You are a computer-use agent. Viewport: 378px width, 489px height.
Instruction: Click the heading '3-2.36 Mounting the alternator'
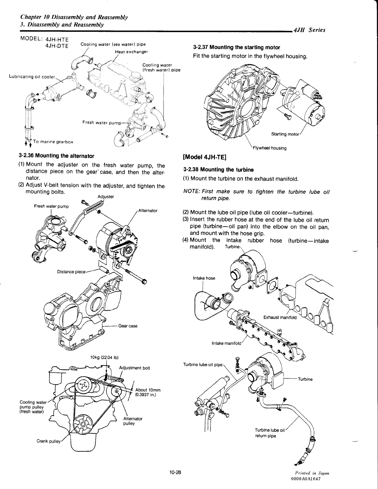point(56,156)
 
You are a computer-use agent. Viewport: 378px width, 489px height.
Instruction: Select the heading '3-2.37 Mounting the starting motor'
point(236,48)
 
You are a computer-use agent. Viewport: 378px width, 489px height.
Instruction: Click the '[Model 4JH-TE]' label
point(205,157)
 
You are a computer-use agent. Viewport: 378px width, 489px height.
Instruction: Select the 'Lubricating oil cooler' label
point(32,76)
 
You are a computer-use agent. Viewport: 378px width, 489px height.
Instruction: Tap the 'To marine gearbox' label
point(53,142)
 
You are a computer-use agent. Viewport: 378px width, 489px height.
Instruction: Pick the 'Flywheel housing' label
point(269,148)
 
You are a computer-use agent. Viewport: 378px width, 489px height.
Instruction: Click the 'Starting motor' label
point(285,134)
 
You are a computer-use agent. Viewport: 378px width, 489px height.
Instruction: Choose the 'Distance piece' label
point(71,272)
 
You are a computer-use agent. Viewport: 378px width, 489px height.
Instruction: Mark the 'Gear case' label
point(128,326)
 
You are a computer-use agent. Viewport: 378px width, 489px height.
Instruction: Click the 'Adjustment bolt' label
point(135,368)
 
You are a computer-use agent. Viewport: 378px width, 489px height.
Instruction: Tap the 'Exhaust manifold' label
point(280,317)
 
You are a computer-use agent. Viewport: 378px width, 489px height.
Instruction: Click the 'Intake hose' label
point(204,278)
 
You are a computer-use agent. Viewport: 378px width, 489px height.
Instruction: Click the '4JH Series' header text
point(309,30)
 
